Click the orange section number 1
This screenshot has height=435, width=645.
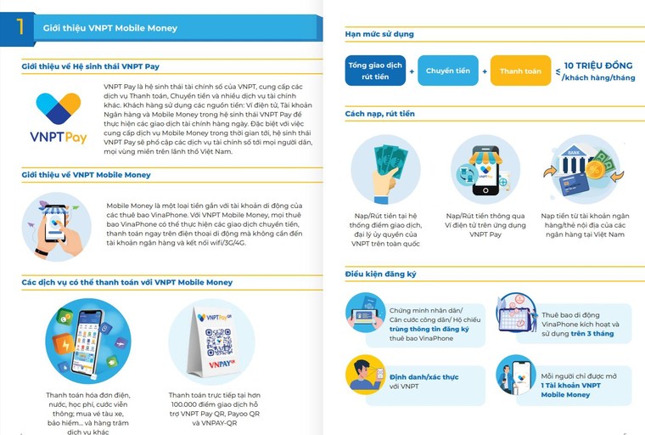pos(20,26)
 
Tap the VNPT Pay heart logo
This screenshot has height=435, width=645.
pos(58,108)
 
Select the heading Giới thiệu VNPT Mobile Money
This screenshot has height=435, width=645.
pos(110,28)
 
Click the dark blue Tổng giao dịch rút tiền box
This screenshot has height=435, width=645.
pos(374,71)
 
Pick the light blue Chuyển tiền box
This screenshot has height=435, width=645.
pos(448,71)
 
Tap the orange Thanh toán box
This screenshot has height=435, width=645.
pos(520,71)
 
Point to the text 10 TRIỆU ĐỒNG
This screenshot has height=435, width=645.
pos(597,65)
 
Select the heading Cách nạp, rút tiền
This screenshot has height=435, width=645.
pos(379,113)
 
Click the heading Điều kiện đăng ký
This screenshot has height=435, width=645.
pos(381,274)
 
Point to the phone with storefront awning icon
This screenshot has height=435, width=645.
pos(485,169)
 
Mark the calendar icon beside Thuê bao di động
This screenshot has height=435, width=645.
pos(515,313)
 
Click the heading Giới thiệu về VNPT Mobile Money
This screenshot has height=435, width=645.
pos(86,174)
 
